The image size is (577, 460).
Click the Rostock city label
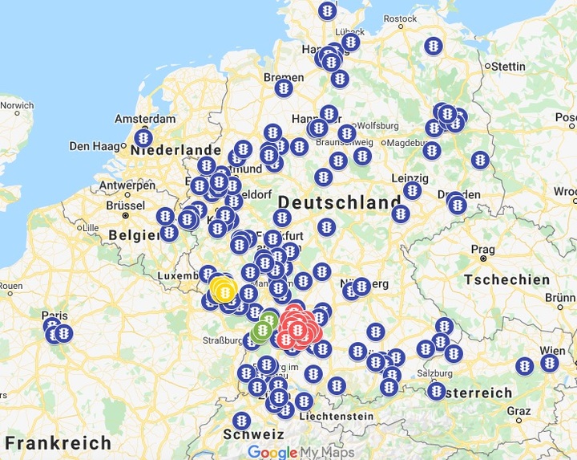pyautogui.click(x=400, y=18)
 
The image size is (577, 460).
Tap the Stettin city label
pyautogui.click(x=507, y=65)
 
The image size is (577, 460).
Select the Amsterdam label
pyautogui.click(x=144, y=118)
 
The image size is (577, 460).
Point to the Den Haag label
pyautogui.click(x=95, y=146)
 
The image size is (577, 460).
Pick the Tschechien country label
pyautogui.click(x=506, y=280)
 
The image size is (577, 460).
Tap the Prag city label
pyautogui.click(x=482, y=249)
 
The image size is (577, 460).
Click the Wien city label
pyautogui.click(x=553, y=351)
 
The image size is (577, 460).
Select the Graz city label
pyautogui.click(x=519, y=411)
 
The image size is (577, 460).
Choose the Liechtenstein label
pyautogui.click(x=336, y=416)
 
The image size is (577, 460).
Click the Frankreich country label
pyautogui.click(x=58, y=442)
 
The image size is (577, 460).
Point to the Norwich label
pyautogui.click(x=16, y=105)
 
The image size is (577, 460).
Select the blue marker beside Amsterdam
pyautogui.click(x=144, y=139)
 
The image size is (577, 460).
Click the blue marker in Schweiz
pyautogui.click(x=241, y=421)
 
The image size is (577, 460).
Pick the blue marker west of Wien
pyautogui.click(x=525, y=366)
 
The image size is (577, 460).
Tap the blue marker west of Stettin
pyautogui.click(x=434, y=46)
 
